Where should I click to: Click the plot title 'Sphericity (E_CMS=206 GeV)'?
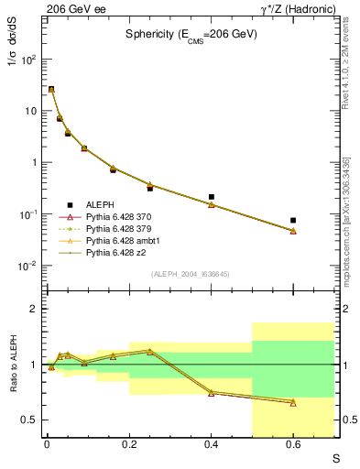(x=191, y=34)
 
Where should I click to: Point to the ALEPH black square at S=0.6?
(x=293, y=221)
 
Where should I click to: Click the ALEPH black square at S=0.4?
(x=211, y=197)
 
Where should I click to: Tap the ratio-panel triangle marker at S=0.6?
(x=293, y=402)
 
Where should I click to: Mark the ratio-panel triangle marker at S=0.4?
(x=211, y=393)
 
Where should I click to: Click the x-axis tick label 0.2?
(x=128, y=445)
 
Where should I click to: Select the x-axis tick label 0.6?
(x=293, y=445)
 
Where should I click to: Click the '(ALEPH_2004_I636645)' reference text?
(x=189, y=274)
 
